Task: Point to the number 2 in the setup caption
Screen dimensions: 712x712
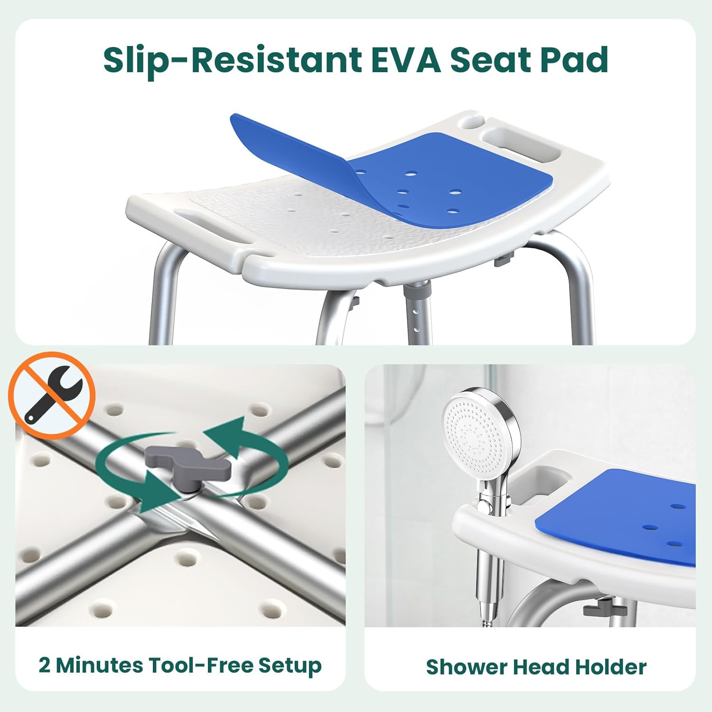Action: pos(45,665)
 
